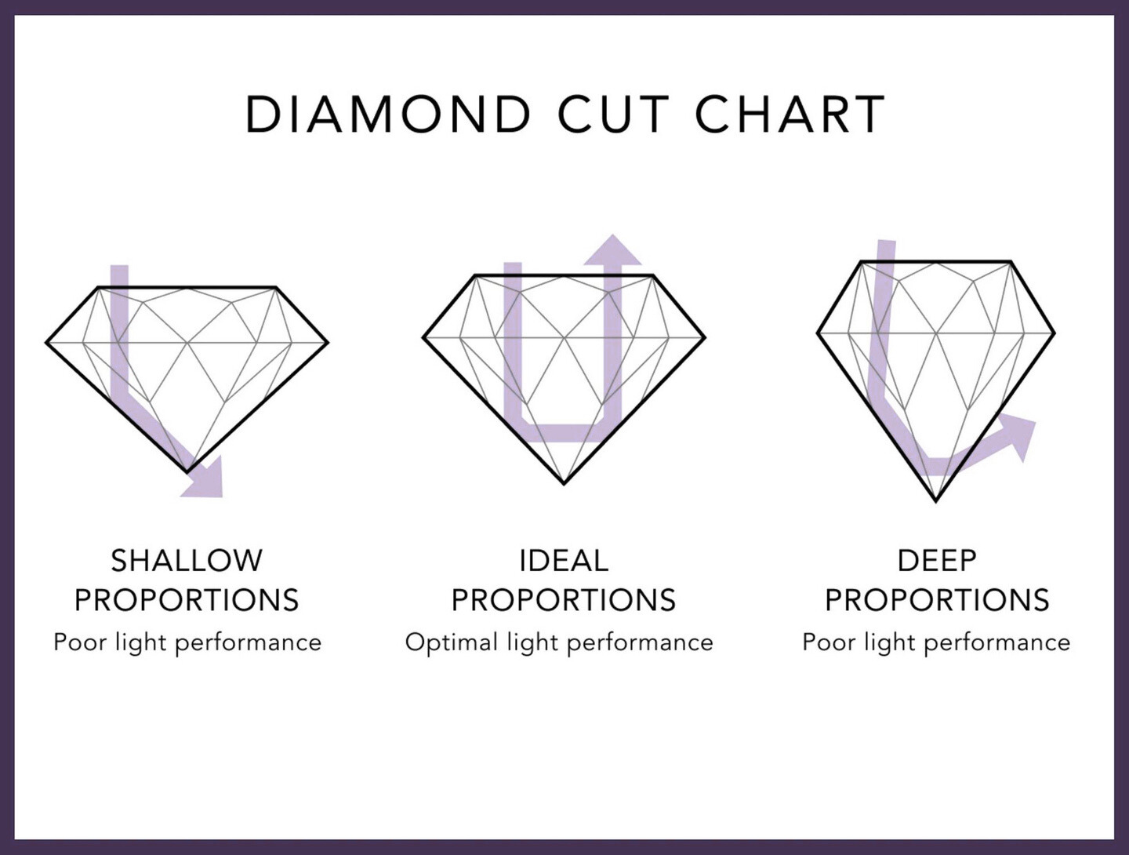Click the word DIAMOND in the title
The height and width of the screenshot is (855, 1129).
coord(388,115)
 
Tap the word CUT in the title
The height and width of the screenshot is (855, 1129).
coord(613,115)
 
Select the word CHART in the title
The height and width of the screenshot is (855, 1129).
coord(790,115)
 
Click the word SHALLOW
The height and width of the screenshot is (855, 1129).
coord(187,561)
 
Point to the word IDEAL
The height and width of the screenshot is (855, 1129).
coord(564,561)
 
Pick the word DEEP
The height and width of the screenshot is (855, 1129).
coord(937,561)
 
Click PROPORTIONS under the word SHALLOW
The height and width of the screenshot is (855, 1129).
coord(187,600)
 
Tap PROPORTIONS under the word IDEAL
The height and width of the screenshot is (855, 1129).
coord(564,600)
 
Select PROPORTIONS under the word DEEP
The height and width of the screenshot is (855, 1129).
coord(937,600)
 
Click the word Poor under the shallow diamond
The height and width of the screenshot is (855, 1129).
coord(80,642)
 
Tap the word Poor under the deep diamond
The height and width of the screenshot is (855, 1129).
coord(829,642)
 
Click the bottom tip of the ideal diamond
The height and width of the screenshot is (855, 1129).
coord(564,484)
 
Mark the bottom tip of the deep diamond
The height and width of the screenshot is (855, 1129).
coord(936,501)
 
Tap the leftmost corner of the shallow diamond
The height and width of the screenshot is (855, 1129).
coord(46,342)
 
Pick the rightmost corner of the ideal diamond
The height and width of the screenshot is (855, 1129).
coord(705,338)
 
